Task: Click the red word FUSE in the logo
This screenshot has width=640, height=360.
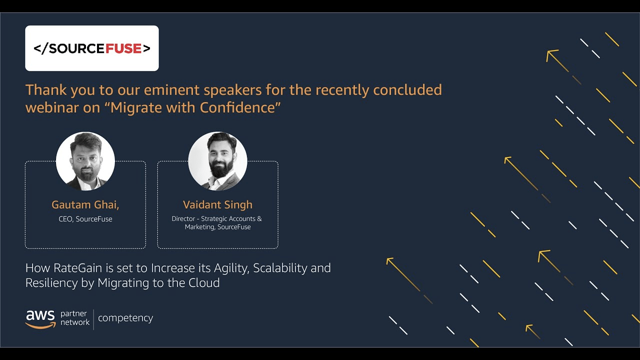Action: (x=123, y=48)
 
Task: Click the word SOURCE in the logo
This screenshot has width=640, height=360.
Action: (x=77, y=48)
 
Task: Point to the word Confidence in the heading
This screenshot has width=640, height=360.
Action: (x=237, y=107)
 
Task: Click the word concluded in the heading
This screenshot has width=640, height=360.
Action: (x=407, y=89)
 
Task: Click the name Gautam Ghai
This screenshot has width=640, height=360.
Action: (x=85, y=205)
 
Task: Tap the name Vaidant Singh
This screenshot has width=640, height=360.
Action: (x=217, y=205)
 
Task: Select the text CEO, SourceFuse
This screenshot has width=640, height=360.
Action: (x=85, y=219)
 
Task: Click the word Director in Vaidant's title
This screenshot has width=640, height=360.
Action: (x=183, y=218)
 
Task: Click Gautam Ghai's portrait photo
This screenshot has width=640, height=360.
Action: (x=85, y=161)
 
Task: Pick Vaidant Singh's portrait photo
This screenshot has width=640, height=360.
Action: (x=217, y=161)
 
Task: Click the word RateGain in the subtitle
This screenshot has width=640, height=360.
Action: (x=77, y=268)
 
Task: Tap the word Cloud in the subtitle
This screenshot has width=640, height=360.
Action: (x=204, y=283)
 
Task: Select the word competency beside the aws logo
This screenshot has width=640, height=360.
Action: (x=125, y=318)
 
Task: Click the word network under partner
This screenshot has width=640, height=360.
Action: (x=75, y=322)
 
